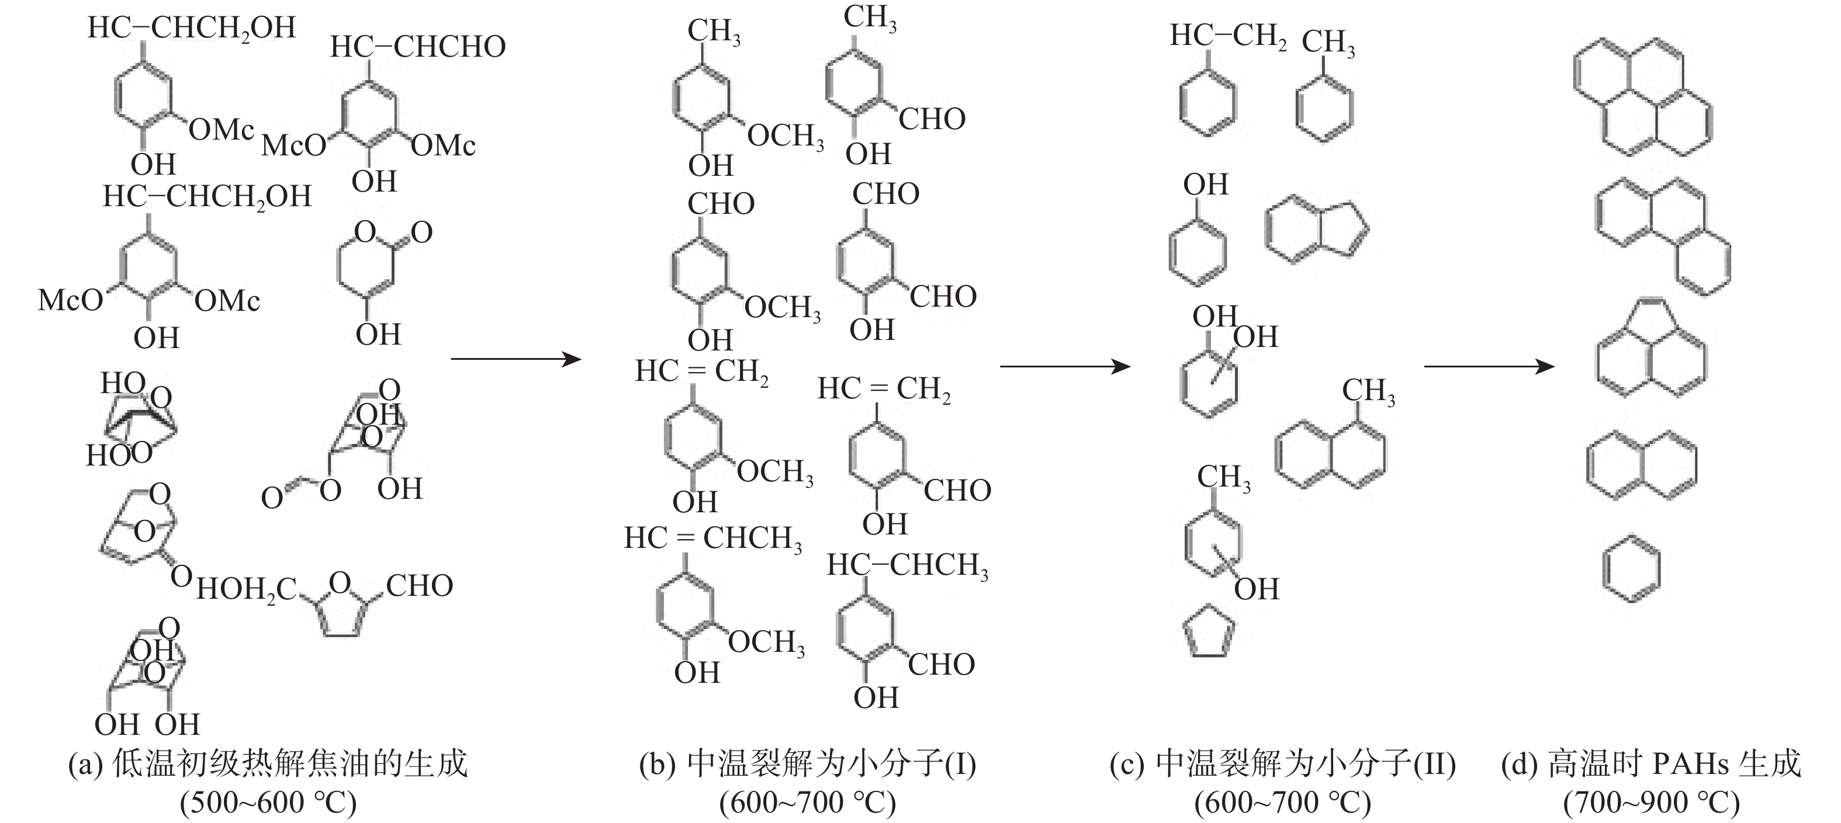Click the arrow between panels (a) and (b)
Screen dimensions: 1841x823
[x=516, y=359]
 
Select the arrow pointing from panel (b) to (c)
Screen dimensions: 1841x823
[x=1065, y=366]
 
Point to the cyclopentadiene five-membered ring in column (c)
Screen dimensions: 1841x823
[x=1209, y=631]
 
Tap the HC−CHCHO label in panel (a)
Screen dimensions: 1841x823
[x=418, y=47]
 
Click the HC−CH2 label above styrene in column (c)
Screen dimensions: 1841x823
[x=1228, y=36]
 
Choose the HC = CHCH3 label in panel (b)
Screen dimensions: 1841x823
[x=712, y=539]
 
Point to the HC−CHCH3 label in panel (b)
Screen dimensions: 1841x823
[x=908, y=566]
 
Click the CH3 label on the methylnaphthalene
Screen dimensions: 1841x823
[x=1368, y=391]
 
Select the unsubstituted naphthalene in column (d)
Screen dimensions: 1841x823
[x=1641, y=466]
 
